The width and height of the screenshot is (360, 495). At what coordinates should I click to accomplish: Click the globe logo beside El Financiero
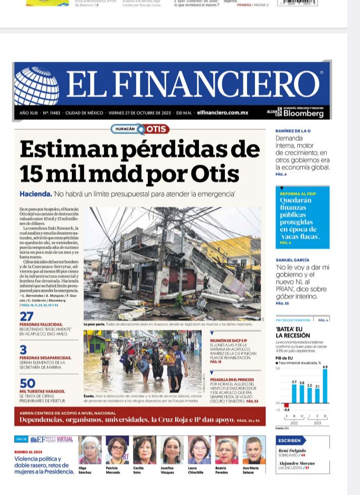pyautogui.click(x=36, y=86)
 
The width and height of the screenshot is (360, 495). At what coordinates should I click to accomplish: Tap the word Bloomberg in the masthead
pyautogui.click(x=303, y=113)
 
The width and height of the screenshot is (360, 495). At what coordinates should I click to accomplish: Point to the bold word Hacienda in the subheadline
pyautogui.click(x=35, y=194)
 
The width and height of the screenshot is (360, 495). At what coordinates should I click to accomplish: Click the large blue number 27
pyautogui.click(x=26, y=317)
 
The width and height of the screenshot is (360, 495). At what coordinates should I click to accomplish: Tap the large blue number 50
pyautogui.click(x=27, y=384)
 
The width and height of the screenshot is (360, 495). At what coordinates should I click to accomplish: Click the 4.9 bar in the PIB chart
pyautogui.click(x=325, y=386)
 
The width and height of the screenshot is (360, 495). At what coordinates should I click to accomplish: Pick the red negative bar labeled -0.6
pyautogui.click(x=287, y=405)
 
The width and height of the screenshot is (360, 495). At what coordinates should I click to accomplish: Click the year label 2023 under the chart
pyautogui.click(x=317, y=423)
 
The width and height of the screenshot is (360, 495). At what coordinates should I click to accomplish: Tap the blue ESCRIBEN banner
pyautogui.click(x=290, y=440)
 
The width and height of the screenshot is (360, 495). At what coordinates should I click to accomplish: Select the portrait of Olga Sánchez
pyautogui.click(x=90, y=450)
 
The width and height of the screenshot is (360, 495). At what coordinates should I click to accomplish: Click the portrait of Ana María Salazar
pyautogui.click(x=254, y=450)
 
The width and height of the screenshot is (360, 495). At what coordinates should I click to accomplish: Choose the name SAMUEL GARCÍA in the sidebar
pyautogui.click(x=292, y=260)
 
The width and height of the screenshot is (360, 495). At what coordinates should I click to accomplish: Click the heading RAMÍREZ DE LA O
pyautogui.click(x=293, y=131)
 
